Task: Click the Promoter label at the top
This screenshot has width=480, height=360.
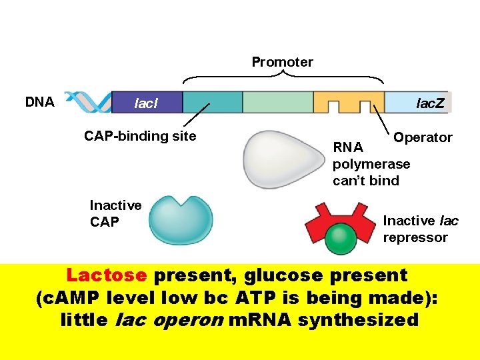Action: coord(282,62)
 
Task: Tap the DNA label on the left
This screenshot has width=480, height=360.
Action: coord(40,102)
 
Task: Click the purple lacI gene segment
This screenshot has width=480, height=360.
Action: coord(146,103)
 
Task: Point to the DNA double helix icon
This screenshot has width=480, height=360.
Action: coord(91,102)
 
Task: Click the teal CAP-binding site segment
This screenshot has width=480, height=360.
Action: coord(213,103)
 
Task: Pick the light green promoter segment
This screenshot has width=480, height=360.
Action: coord(277,103)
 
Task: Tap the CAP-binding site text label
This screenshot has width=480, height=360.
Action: coord(140,136)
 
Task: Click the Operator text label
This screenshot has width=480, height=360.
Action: coord(423,137)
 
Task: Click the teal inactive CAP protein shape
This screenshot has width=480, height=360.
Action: coord(181,221)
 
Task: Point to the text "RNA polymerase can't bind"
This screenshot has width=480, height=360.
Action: coord(371,164)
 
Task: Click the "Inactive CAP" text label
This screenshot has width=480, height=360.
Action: coord(115,213)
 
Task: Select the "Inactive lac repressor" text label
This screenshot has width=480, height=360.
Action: coord(420,229)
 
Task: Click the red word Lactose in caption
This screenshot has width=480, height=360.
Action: coord(107,275)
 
